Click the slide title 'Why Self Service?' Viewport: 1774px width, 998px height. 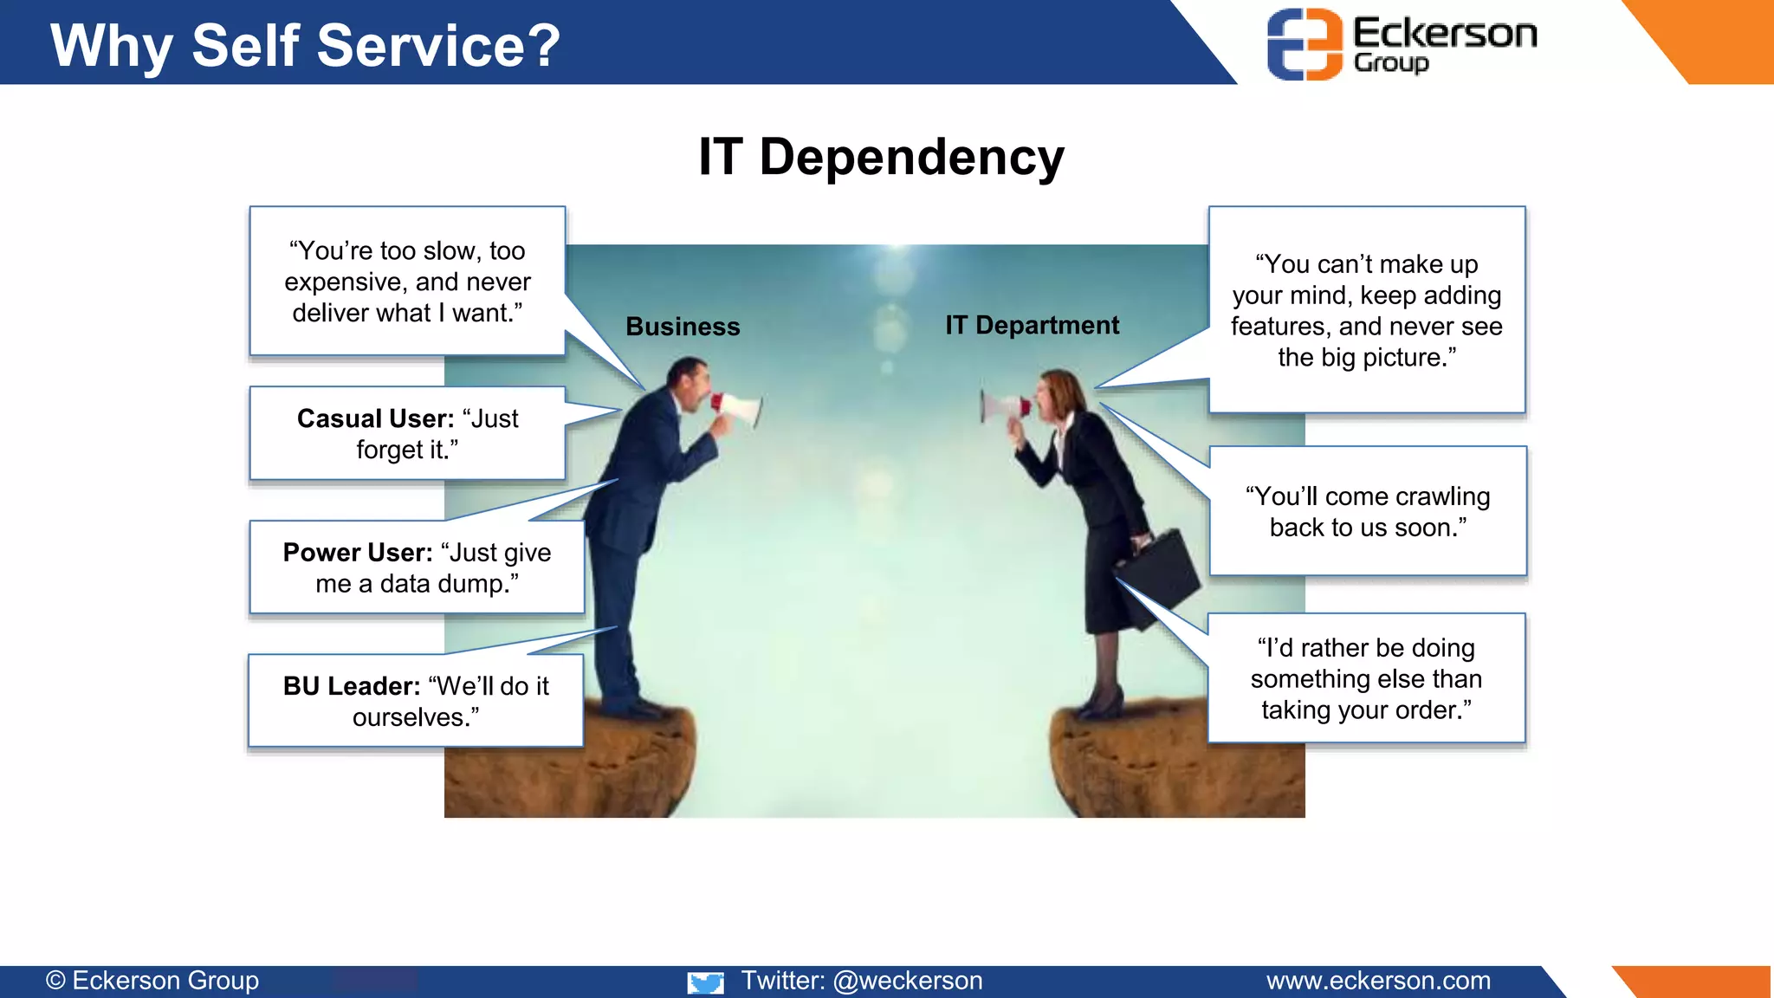(305, 45)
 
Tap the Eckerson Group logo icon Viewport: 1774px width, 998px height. (1304, 44)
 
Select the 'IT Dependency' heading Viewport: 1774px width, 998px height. (881, 157)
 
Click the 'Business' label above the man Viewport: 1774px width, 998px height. (683, 327)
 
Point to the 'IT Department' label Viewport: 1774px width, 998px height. (1032, 325)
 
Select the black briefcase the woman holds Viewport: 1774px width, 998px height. (1165, 567)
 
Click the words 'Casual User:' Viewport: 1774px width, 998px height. (375, 418)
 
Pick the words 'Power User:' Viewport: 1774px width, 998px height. (358, 553)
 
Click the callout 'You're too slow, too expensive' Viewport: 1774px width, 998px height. (407, 282)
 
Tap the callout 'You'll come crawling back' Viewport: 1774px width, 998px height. (1367, 511)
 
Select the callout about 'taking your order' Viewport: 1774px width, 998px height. (1365, 678)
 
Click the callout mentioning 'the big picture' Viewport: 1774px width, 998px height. (1366, 310)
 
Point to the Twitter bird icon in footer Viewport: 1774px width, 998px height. (705, 982)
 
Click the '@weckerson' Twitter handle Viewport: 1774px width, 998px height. (907, 981)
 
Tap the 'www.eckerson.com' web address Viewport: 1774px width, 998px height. (1378, 981)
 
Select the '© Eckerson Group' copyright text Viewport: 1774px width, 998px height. (152, 981)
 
